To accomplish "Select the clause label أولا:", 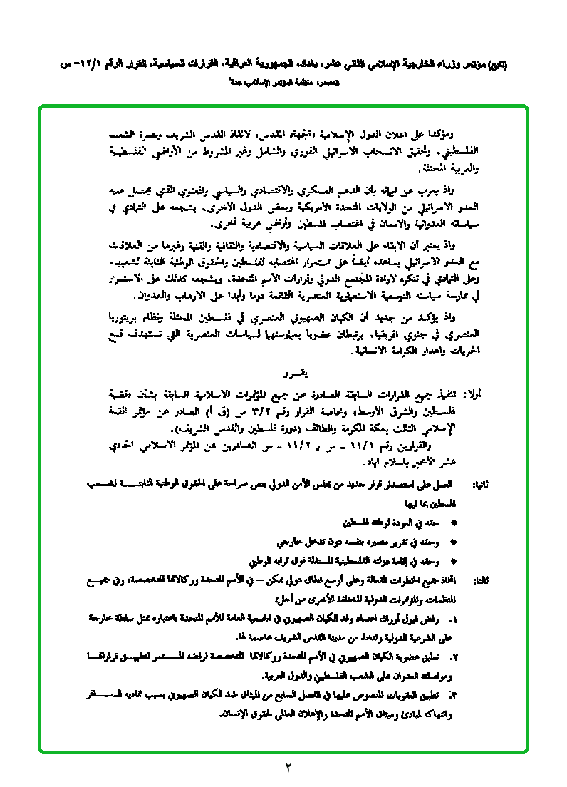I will click(x=472, y=392).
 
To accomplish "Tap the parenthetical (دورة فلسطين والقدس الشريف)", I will click(x=237, y=430).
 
